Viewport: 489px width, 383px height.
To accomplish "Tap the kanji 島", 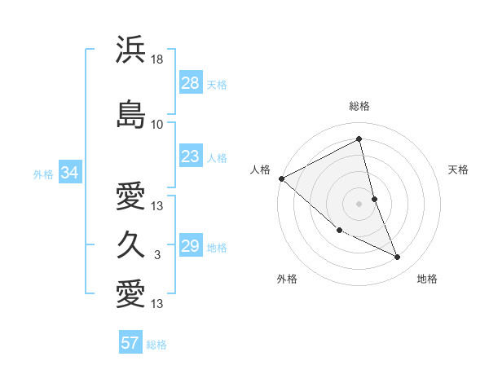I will click(x=131, y=114).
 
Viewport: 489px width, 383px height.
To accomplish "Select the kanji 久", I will click(x=131, y=244).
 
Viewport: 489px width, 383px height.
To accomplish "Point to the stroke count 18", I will click(x=157, y=59).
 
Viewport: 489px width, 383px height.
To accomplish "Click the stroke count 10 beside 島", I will click(x=157, y=125).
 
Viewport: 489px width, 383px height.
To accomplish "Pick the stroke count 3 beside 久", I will click(x=157, y=255).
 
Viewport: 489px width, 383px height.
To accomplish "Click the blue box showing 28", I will click(x=191, y=82).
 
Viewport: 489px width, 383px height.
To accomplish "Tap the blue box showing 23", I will click(x=191, y=156).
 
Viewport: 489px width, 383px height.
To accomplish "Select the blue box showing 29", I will click(x=191, y=246).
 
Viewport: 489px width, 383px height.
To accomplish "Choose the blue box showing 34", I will click(x=69, y=173).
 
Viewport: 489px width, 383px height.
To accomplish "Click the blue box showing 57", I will click(x=130, y=343).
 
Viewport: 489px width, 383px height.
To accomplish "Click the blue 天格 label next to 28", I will click(x=217, y=84).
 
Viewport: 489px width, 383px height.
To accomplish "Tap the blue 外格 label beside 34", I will click(x=44, y=174).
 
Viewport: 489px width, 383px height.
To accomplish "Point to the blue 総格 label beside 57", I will click(x=156, y=345).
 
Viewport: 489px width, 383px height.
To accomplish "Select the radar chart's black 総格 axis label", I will click(x=359, y=106).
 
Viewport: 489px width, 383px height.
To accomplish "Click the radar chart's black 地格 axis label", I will click(x=427, y=279).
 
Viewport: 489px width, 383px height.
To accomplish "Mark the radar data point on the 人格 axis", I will click(x=281, y=178).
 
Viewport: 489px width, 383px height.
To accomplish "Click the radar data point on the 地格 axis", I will click(x=398, y=257).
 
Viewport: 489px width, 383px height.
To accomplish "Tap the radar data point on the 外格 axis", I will click(x=339, y=231).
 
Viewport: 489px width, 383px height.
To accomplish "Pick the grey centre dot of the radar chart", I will click(x=359, y=203).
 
